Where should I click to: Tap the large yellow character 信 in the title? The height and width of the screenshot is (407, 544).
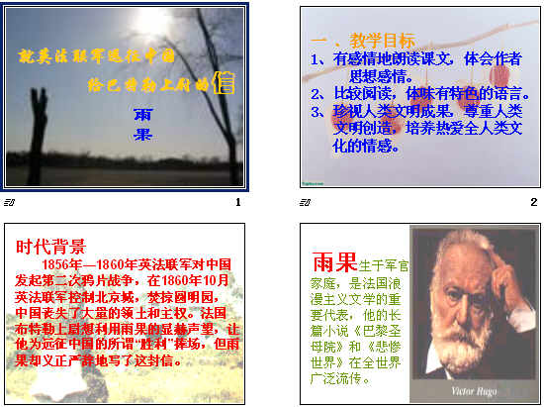coord(225,83)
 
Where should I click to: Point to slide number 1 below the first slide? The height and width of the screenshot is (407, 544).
coord(237,203)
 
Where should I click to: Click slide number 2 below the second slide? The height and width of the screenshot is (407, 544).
coord(533,203)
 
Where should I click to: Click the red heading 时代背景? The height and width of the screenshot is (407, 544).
coord(50,247)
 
